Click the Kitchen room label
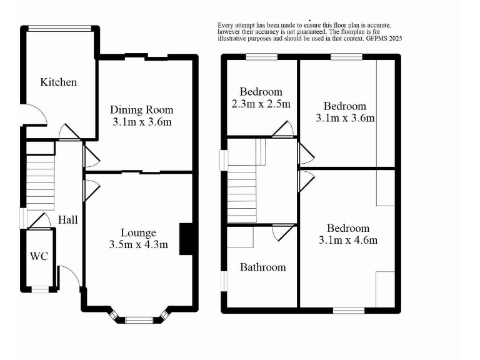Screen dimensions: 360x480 [59, 82]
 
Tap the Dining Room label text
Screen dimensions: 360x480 [141, 110]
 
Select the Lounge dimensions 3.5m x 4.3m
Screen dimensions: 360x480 [138, 244]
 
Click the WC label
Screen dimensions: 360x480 [40, 256]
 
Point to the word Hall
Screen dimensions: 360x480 [68, 220]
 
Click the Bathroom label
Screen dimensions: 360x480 [263, 267]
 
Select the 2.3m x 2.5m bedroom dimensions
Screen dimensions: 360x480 [261, 104]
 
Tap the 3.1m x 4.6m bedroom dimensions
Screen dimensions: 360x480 [348, 240]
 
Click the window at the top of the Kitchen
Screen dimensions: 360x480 [61, 27]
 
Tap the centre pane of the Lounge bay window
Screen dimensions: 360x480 [139, 321]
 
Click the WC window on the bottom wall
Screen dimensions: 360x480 [40, 289]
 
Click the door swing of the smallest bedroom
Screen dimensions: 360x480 [284, 129]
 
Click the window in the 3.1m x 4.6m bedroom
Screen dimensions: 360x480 [348, 309]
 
